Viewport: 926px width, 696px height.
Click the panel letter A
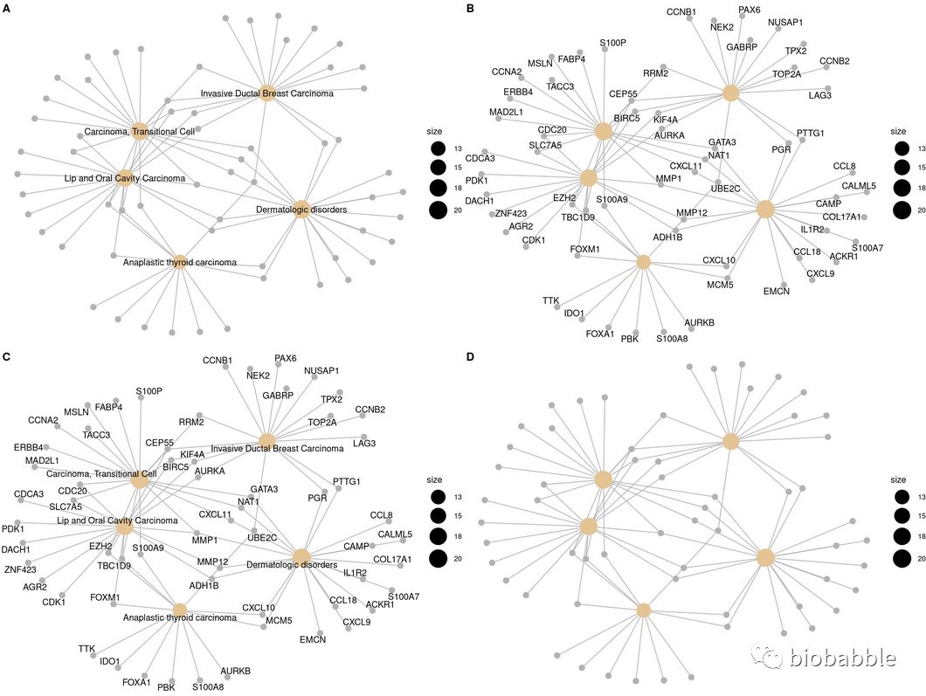[7, 8]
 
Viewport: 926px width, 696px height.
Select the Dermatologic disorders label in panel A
[301, 210]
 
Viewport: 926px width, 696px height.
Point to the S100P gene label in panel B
[612, 43]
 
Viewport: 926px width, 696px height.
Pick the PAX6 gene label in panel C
[286, 358]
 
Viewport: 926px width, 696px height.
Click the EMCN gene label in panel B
[776, 291]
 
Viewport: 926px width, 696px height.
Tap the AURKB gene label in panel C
[235, 671]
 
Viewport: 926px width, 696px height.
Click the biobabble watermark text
[841, 658]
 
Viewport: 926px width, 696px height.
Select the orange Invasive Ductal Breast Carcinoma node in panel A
[267, 93]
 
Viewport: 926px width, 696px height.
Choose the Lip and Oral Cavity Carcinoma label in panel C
[123, 520]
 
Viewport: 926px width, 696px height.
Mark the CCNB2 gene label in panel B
[834, 60]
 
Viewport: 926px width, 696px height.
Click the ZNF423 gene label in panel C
[24, 569]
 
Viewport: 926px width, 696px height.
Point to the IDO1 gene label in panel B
[574, 312]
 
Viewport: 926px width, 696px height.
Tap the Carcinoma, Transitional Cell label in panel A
[139, 132]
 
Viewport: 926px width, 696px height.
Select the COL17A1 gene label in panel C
[397, 559]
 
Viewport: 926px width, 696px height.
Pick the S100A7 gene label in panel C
[404, 596]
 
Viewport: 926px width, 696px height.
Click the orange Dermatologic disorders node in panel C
[301, 556]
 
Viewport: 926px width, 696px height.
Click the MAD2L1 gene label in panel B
[506, 112]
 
